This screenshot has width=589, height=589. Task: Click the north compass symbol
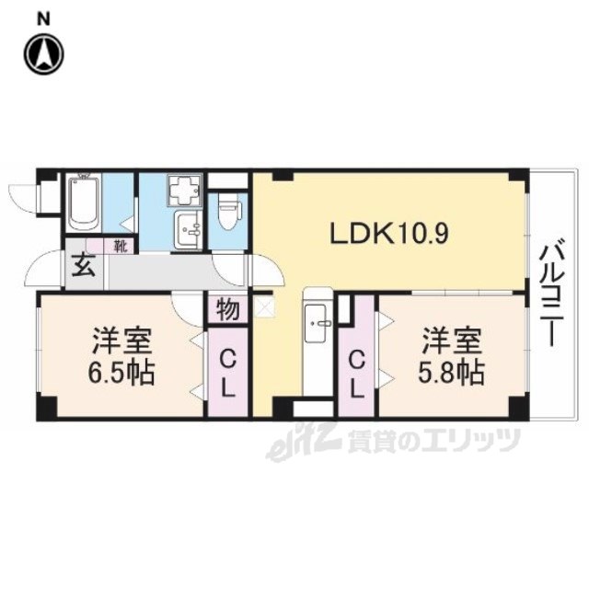44,53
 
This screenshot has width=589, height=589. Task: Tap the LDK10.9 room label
388,234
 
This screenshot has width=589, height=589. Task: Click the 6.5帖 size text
121,372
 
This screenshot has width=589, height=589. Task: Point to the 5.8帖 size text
451,372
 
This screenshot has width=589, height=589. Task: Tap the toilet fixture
227,214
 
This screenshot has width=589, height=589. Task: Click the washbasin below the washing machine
188,229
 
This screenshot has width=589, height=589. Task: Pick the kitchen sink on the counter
316,323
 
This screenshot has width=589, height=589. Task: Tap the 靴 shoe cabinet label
121,247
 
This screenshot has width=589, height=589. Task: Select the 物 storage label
227,310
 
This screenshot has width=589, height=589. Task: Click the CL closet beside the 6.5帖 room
227,372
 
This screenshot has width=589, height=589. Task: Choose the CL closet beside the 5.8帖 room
356,372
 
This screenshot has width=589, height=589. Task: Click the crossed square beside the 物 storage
264,306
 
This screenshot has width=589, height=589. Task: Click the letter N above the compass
44,19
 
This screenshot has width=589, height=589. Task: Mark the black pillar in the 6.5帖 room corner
47,407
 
